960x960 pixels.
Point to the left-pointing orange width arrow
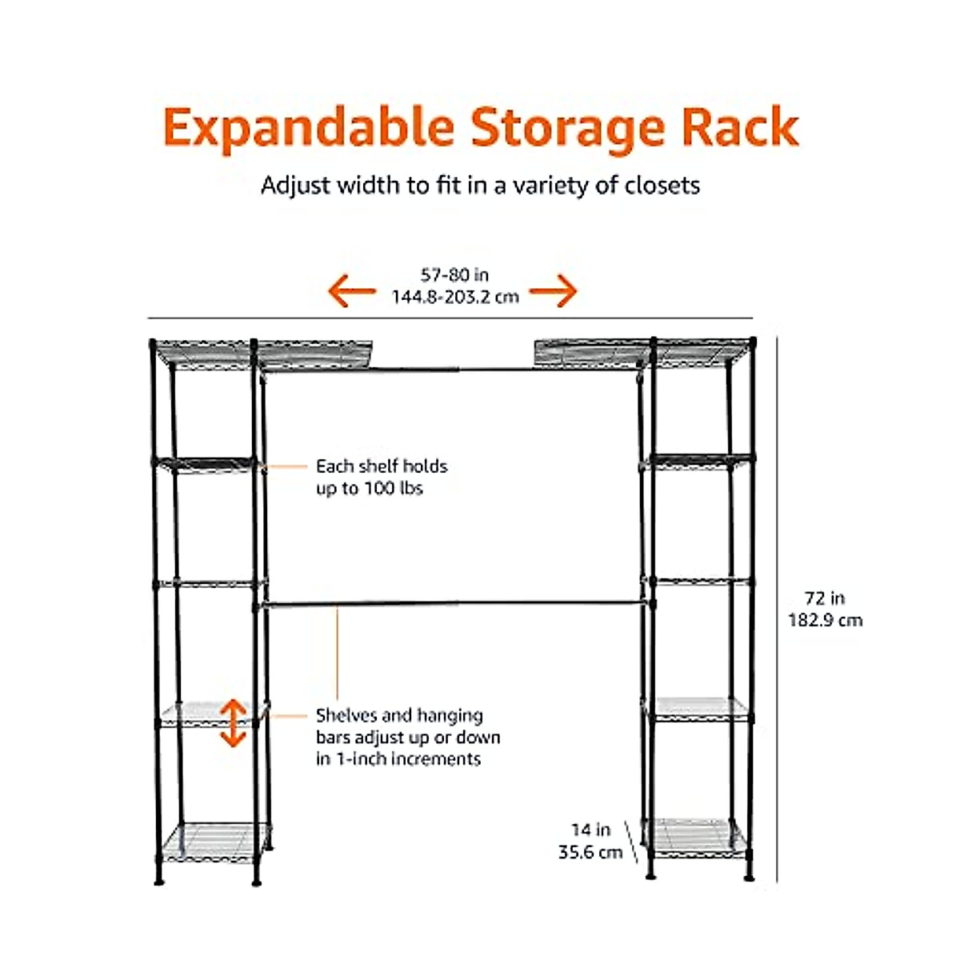(352, 291)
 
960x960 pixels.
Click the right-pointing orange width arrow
(553, 291)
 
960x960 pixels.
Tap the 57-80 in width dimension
(454, 275)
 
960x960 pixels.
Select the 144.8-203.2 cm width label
(454, 297)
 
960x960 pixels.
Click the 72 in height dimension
(825, 598)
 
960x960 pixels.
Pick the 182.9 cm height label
(825, 620)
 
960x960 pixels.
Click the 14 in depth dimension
(590, 830)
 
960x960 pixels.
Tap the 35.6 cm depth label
(590, 853)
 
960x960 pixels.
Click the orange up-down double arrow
(233, 722)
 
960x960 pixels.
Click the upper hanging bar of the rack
(452, 369)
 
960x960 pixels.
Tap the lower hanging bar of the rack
(452, 605)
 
